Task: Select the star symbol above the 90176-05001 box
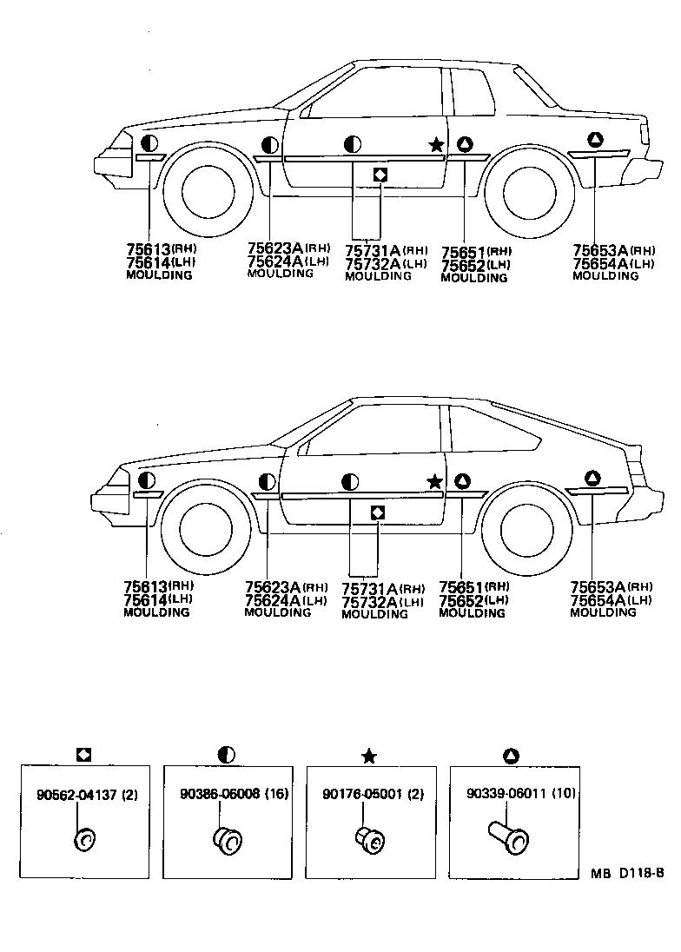pos(369,757)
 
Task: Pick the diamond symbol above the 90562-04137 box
pos(83,756)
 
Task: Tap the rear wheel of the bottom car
pos(519,531)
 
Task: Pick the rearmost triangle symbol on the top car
pos(595,139)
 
